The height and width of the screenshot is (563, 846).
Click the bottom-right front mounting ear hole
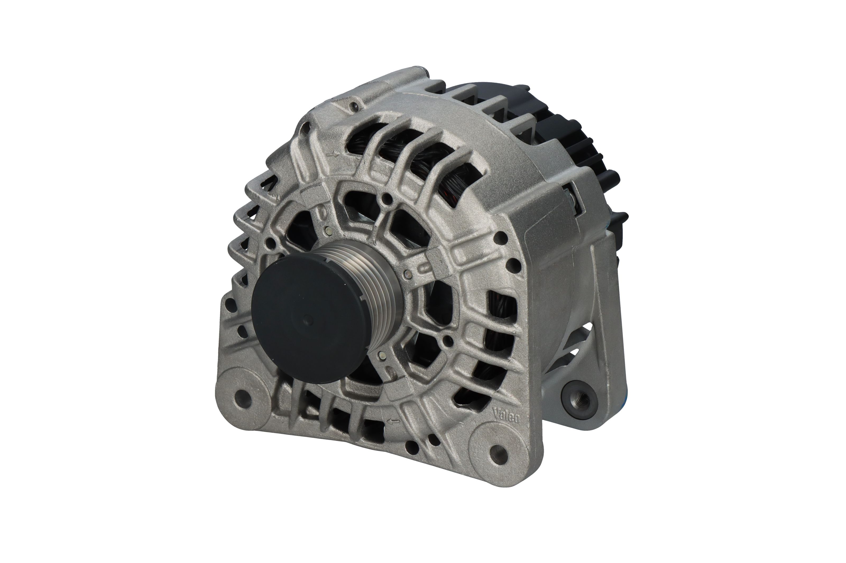coord(498,450)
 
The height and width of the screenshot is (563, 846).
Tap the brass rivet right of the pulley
coord(407,275)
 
